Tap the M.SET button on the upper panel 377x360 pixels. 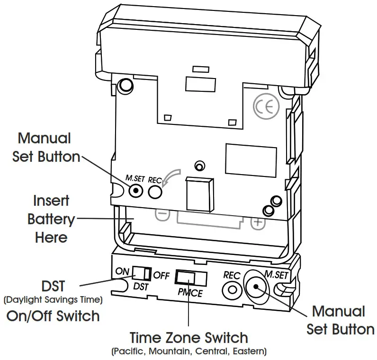pos(136,191)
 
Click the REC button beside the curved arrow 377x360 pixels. pos(155,192)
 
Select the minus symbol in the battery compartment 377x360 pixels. pos(162,214)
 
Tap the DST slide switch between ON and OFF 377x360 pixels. pos(142,273)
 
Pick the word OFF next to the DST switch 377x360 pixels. pos(162,276)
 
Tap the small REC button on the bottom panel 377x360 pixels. pos(232,289)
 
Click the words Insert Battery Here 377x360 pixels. pos(51,219)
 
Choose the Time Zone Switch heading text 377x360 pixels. pos(188,338)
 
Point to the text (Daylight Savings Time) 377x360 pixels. pos(53,300)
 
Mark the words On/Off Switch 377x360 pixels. pos(53,316)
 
